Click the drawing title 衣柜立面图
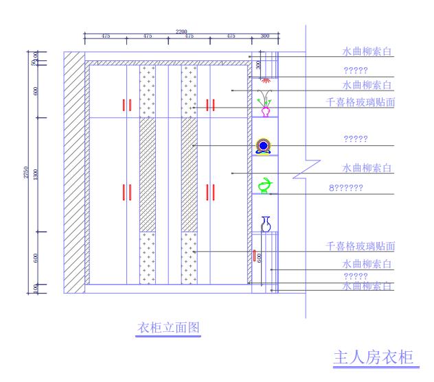pyautogui.click(x=169, y=328)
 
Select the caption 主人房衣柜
pyautogui.click(x=374, y=357)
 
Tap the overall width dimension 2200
pyautogui.click(x=181, y=32)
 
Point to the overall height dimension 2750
pyautogui.click(x=25, y=173)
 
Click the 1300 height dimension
pyautogui.click(x=35, y=174)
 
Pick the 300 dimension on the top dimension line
pyautogui.click(x=264, y=36)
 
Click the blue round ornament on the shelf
pyautogui.click(x=262, y=145)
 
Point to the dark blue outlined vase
pyautogui.click(x=266, y=224)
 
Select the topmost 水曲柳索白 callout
pyautogui.click(x=367, y=51)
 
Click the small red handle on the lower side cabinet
pyautogui.click(x=254, y=256)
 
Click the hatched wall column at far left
pyautogui.click(x=73, y=171)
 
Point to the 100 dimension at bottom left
pyautogui.click(x=35, y=288)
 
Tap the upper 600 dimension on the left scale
pyautogui.click(x=35, y=91)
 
